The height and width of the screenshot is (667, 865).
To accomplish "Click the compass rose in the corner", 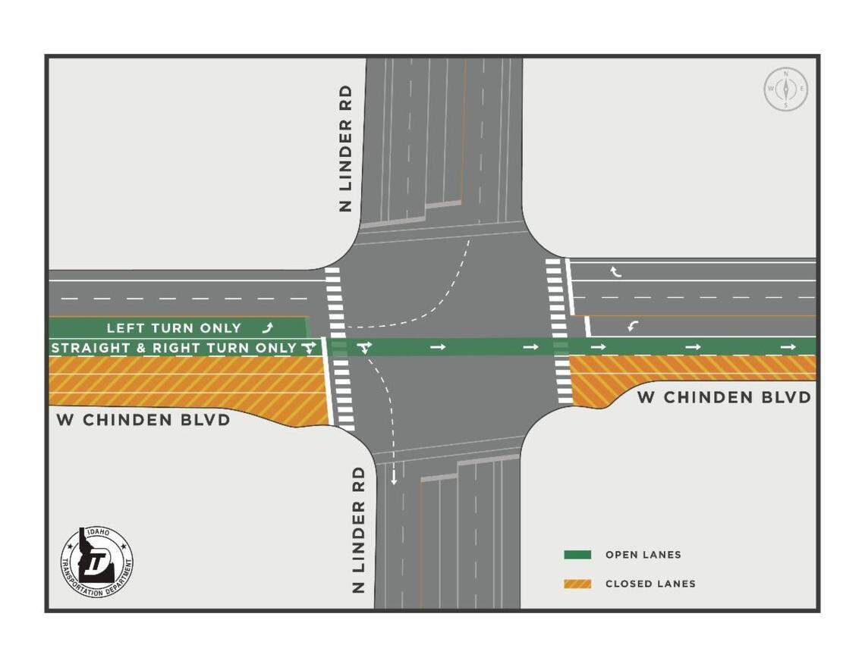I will pyautogui.click(x=785, y=89).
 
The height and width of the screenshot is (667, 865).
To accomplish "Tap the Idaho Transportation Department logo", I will pyautogui.click(x=97, y=562).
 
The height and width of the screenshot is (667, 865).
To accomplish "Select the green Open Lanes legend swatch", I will pyautogui.click(x=577, y=555).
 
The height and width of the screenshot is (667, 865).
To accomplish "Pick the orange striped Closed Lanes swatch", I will pyautogui.click(x=577, y=584).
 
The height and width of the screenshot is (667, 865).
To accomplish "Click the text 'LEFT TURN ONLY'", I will pyautogui.click(x=174, y=328).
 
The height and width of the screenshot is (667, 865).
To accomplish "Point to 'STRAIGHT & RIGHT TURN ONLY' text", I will pyautogui.click(x=174, y=349).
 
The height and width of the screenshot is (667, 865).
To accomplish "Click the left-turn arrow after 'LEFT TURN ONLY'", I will pyautogui.click(x=267, y=328).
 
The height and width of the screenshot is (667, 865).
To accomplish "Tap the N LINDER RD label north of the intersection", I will pyautogui.click(x=346, y=148).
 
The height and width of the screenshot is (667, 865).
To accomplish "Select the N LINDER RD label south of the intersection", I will pyautogui.click(x=359, y=528).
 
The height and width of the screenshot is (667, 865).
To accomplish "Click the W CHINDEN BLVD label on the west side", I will pyautogui.click(x=143, y=420).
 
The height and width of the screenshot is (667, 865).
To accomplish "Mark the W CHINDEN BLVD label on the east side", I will pyautogui.click(x=724, y=397).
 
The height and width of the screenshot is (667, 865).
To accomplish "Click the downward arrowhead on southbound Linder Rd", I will pyautogui.click(x=393, y=480).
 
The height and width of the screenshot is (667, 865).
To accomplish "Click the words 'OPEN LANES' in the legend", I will pyautogui.click(x=643, y=555).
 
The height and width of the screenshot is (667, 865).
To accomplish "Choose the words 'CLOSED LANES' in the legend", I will pyautogui.click(x=650, y=584).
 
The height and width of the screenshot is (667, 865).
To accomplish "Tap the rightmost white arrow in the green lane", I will pyautogui.click(x=788, y=347).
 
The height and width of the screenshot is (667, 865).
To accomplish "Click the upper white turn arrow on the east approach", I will pyautogui.click(x=616, y=271).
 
